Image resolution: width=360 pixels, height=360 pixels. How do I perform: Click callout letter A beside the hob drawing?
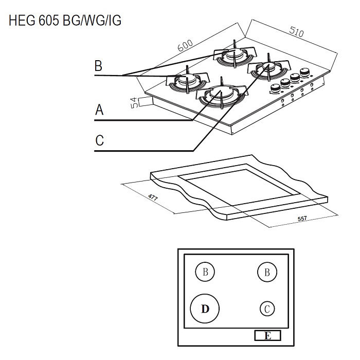[x=99, y=110]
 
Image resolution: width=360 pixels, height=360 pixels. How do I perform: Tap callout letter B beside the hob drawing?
[x=99, y=66]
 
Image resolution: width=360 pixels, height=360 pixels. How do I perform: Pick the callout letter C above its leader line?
[x=99, y=140]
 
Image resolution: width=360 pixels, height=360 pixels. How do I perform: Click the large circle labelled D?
[x=205, y=309]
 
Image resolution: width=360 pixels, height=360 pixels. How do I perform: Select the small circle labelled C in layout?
[x=266, y=309]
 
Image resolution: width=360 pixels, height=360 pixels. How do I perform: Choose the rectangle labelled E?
[x=267, y=336]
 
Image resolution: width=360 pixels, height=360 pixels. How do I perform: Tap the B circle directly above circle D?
[x=205, y=272]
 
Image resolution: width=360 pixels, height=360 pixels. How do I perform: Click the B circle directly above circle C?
[x=266, y=272]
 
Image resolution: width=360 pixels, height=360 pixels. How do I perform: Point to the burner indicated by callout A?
[x=220, y=94]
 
